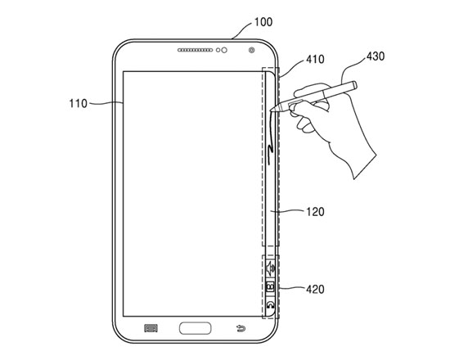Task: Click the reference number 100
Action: (263, 22)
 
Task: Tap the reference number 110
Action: (78, 103)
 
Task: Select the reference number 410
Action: (315, 59)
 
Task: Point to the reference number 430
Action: (376, 56)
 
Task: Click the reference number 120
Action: (315, 212)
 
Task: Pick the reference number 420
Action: (315, 289)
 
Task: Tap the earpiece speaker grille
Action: (196, 50)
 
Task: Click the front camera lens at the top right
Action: (252, 50)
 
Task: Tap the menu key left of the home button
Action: (151, 328)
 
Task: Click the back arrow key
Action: (241, 328)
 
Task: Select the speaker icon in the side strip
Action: (271, 268)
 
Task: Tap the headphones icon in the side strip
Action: (271, 305)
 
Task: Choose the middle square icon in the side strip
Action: (271, 286)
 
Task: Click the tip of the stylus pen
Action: (271, 110)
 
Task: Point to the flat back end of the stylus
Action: (355, 85)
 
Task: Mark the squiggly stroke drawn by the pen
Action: (270, 137)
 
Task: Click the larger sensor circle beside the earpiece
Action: (224, 50)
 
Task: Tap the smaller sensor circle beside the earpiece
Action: (218, 50)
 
